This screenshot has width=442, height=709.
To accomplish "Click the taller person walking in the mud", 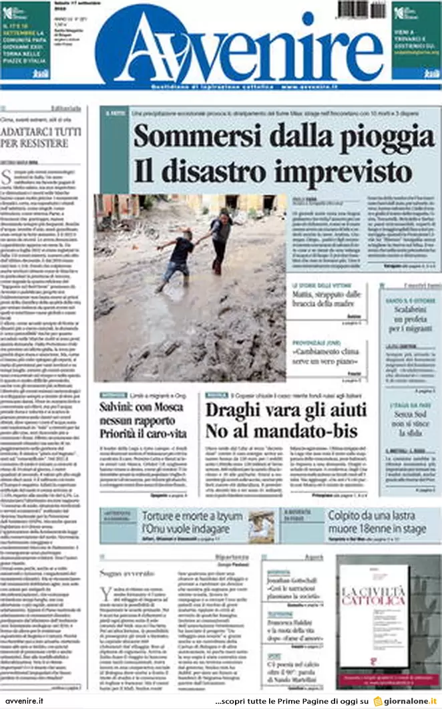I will click(x=220, y=241).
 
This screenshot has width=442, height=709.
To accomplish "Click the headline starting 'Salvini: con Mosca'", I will click(x=143, y=407).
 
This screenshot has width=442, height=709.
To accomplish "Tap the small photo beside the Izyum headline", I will click(x=261, y=525).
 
